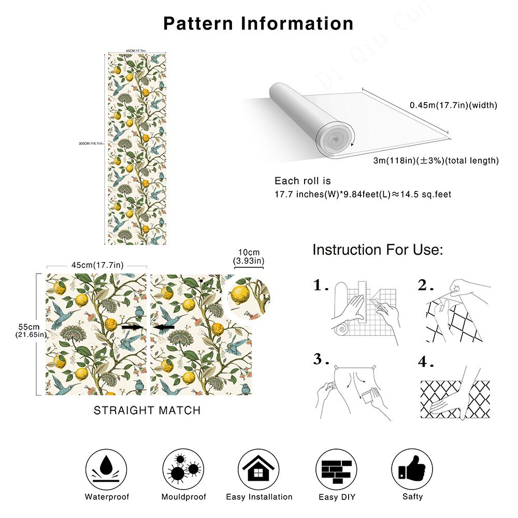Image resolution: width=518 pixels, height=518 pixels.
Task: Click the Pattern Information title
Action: point(258,23)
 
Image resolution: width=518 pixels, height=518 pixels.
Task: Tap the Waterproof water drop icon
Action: point(107,469)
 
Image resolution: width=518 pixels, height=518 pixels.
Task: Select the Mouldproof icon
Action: point(183,469)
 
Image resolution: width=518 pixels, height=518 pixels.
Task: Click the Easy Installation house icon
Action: point(259,469)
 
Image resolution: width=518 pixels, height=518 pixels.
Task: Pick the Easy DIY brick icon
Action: point(336,469)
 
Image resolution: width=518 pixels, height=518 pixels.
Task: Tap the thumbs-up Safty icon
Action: point(412,469)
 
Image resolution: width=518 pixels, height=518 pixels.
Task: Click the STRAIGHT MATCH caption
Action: point(147,410)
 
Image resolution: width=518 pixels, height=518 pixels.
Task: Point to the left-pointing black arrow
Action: point(164,327)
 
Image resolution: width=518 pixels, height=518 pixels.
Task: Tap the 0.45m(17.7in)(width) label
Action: point(453,105)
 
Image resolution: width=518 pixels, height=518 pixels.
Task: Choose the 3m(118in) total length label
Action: point(436,161)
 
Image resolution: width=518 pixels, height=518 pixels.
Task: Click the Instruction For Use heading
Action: point(378,250)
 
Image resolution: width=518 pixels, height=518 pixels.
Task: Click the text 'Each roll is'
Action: point(303,181)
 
